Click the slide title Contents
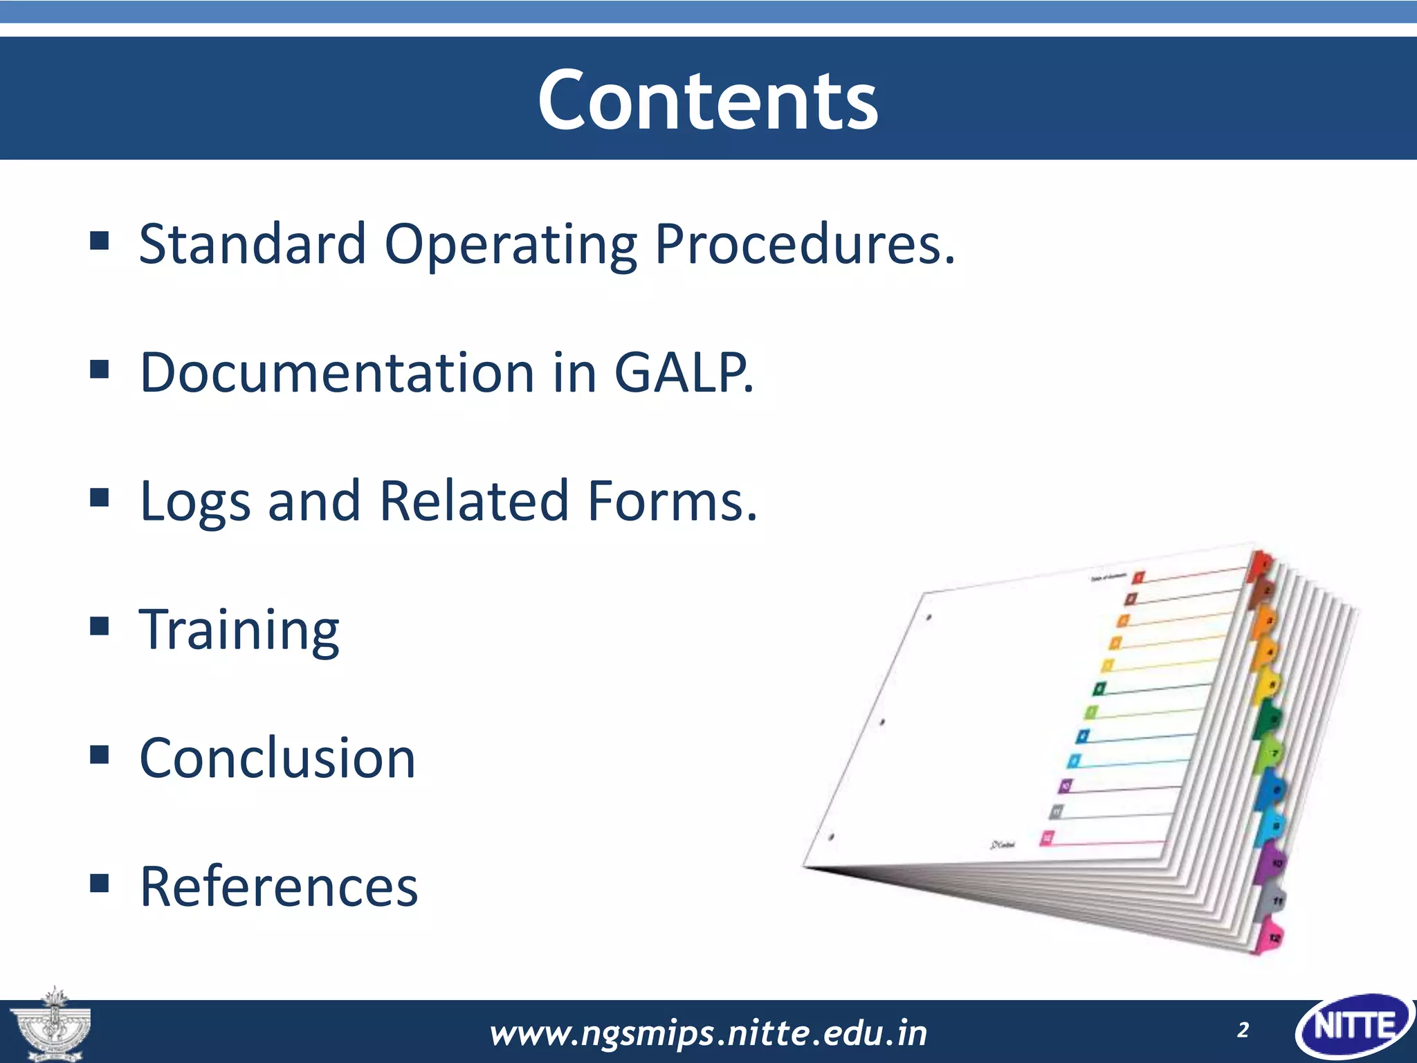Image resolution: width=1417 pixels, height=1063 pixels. tap(708, 100)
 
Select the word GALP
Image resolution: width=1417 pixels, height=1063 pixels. tap(683, 372)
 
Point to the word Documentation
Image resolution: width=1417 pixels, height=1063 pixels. tap(337, 372)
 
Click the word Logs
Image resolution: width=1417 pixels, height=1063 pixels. tap(194, 501)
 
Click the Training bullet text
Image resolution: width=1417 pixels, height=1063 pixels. tap(239, 630)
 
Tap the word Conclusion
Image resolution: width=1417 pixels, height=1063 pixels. tap(277, 758)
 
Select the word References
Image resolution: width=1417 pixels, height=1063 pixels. tap(279, 887)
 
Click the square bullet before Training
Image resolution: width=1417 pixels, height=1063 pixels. tap(100, 626)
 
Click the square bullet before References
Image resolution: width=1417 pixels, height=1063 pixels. tap(100, 883)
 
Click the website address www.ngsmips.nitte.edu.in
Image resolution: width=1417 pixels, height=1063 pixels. tap(708, 1033)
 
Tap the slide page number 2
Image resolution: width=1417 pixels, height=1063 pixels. tap(1243, 1030)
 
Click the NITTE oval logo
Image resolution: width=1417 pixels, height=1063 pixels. tap(1354, 1027)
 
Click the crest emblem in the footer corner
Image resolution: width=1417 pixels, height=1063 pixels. tap(50, 1026)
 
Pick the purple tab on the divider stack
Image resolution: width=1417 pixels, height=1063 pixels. tap(1270, 862)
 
